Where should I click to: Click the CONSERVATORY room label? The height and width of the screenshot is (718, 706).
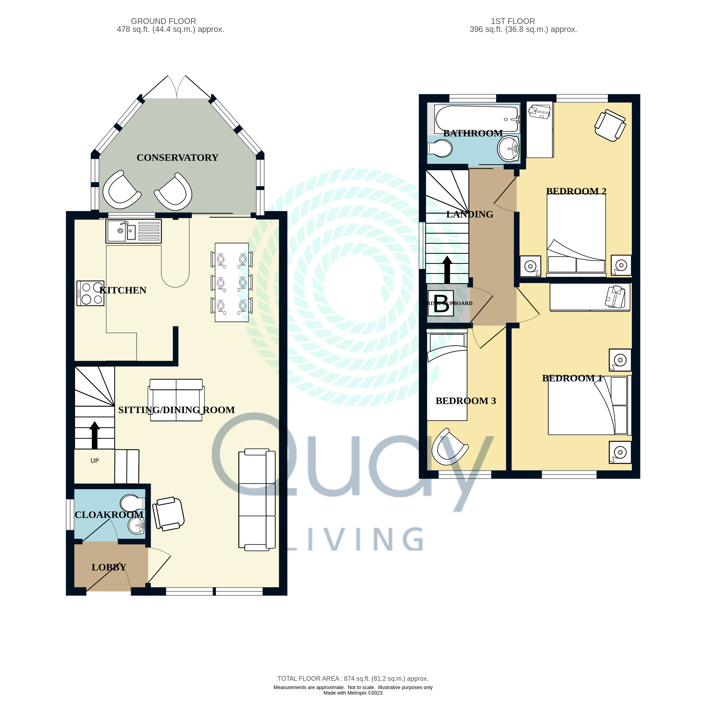[177, 158]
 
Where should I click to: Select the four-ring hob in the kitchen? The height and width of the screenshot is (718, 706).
[90, 293]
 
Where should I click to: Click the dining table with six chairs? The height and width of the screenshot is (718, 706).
[232, 282]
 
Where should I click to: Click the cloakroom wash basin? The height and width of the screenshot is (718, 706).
[136, 526]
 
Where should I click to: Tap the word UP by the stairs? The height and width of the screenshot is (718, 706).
[95, 461]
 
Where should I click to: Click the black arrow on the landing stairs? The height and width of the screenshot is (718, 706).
[447, 270]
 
